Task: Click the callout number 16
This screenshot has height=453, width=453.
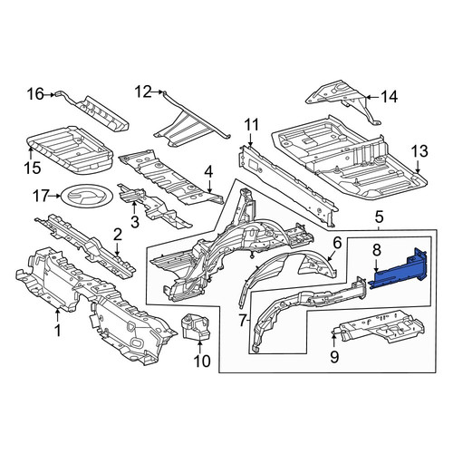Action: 35,94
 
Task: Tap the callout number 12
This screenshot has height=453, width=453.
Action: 143,92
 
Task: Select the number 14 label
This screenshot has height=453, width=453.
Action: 389,97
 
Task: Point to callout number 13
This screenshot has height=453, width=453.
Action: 419,151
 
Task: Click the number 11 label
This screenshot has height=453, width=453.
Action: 251,125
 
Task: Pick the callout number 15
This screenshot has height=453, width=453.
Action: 33,168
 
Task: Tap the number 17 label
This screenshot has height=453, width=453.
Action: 41,197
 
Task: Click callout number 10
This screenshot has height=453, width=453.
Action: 202,361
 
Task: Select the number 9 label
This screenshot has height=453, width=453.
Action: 334,357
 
